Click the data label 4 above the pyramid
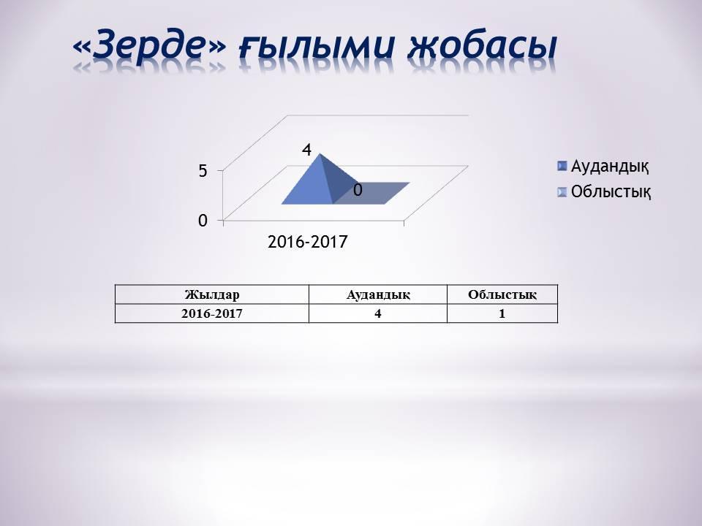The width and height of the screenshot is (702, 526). pos(307,150)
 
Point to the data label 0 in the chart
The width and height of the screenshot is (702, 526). pos(358,190)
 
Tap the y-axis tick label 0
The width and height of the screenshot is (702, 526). pos(203,221)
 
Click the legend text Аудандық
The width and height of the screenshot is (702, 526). pos(610,166)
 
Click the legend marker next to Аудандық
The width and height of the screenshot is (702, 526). pos(562,166)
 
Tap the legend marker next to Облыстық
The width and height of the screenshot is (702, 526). pos(562,192)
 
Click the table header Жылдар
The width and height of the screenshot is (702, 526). pos(212,294)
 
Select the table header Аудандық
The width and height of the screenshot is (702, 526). pos(377,294)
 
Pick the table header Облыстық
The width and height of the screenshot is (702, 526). pos(502,294)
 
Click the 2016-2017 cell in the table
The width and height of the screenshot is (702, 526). pos(212,313)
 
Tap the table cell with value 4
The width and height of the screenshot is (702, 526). pos(377,313)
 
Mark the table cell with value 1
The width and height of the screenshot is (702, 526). pos(502,313)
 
